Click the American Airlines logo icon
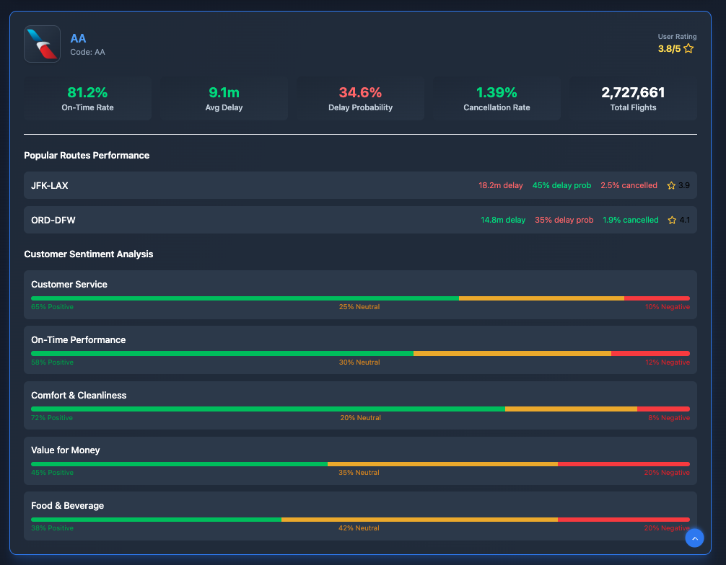(x=42, y=44)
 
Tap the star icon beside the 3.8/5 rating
(x=688, y=48)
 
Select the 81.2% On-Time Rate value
(x=87, y=92)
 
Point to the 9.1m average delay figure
(x=224, y=92)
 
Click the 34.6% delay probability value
(x=360, y=92)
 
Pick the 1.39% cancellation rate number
(x=497, y=92)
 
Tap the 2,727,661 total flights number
(x=633, y=92)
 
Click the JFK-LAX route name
(x=50, y=185)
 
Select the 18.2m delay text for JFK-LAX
(x=501, y=185)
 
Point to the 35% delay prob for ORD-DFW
(x=564, y=220)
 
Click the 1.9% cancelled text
(x=631, y=220)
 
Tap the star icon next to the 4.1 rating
(x=672, y=220)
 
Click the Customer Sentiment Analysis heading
(x=89, y=254)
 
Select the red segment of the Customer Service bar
(x=657, y=298)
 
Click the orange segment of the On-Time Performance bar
(x=512, y=353)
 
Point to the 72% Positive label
(x=52, y=418)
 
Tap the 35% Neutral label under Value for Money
(x=359, y=473)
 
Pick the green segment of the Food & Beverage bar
(x=156, y=519)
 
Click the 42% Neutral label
(x=359, y=528)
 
